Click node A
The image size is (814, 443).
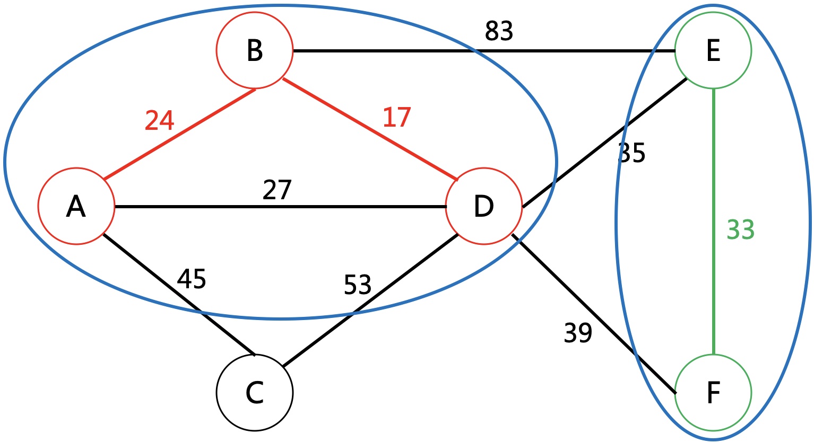76,206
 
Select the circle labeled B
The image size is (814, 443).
255,51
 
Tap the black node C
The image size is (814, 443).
255,393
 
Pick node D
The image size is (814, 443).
484,206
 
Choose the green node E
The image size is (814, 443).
713,51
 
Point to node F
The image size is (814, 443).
713,393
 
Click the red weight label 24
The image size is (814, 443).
159,121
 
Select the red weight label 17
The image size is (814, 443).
396,117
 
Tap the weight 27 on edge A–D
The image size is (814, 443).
277,190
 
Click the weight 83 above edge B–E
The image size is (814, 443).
499,32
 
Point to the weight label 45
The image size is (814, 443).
191,279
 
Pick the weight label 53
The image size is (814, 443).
357,285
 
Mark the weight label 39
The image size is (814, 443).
578,333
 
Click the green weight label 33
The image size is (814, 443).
740,231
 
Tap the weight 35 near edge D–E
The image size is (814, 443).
633,153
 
